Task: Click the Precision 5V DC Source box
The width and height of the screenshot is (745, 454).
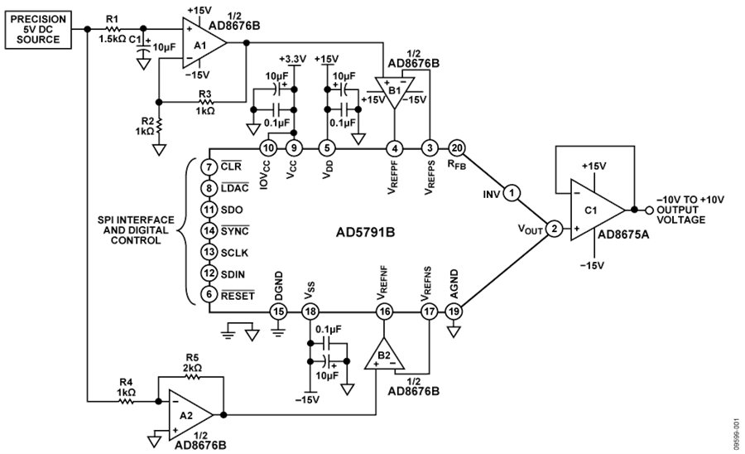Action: tap(38, 30)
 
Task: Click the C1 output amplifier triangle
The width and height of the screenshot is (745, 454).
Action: tap(597, 210)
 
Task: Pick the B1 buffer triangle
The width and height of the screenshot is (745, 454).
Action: tap(395, 90)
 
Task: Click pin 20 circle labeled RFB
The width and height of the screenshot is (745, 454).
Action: tap(457, 147)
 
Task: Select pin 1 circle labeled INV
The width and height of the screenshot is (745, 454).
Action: tap(512, 193)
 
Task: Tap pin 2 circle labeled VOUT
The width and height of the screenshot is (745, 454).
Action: tap(554, 229)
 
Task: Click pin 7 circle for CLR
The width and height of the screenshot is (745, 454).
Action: tap(209, 167)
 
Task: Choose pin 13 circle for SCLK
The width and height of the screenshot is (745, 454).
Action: tap(209, 252)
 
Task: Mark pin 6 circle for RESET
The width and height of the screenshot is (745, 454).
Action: tap(209, 294)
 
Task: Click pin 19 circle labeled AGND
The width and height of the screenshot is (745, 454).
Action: tap(454, 312)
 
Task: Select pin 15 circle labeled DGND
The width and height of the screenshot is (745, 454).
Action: tap(278, 312)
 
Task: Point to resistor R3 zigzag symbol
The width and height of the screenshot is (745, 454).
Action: tap(206, 101)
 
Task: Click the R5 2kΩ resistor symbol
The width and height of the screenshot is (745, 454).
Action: tap(192, 376)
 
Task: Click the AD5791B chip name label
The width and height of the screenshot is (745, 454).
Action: tap(365, 233)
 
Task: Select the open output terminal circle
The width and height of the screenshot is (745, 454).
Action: tap(649, 210)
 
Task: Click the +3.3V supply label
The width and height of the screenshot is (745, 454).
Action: tap(293, 60)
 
